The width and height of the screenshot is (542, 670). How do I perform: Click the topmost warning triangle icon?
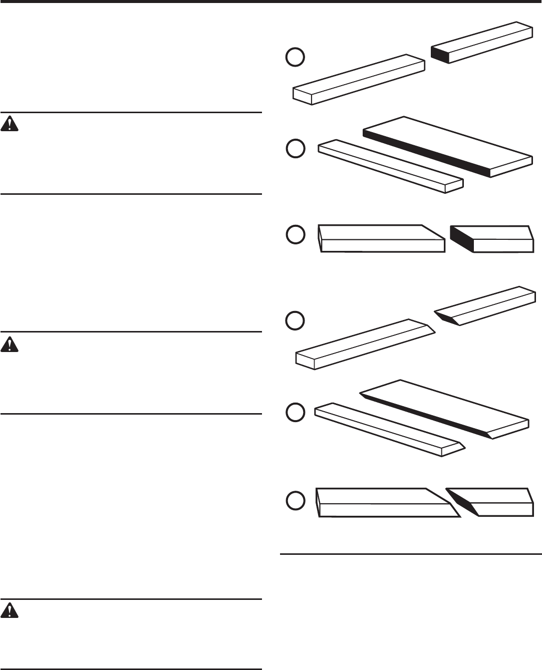(10, 124)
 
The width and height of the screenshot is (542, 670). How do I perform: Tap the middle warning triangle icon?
(10, 344)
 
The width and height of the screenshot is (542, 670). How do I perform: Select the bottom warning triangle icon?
(10, 610)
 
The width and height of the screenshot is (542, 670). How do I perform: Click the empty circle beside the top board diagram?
(295, 57)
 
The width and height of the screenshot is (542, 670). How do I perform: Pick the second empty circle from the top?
(295, 149)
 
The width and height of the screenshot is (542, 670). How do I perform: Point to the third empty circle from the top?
(295, 235)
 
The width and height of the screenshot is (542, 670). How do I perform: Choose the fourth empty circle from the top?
(295, 320)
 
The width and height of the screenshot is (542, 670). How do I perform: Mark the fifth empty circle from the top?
(295, 412)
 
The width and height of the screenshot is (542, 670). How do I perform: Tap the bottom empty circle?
(295, 501)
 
